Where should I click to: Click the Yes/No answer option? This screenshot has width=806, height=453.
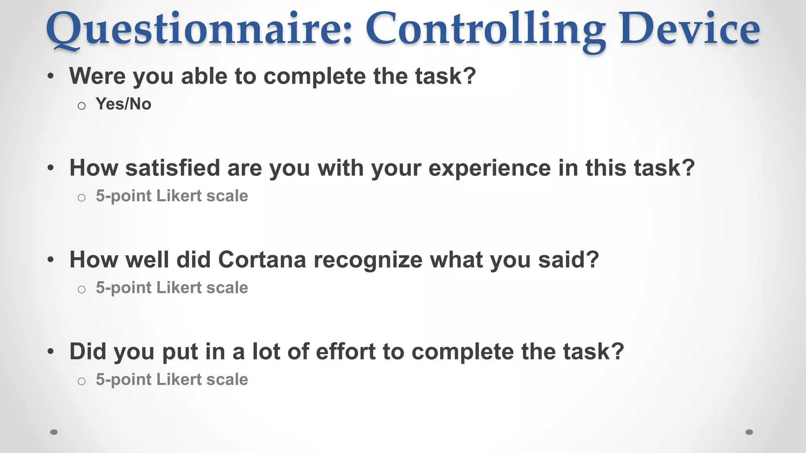pos(124,104)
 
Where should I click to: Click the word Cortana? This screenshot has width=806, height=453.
pos(262,260)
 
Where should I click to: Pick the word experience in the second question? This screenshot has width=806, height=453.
pos(489,168)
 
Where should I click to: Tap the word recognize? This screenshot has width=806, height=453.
pos(368,260)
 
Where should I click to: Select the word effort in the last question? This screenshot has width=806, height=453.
pos(346,352)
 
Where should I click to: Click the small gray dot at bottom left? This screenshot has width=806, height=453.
pos(54,432)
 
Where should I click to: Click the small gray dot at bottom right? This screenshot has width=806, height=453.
pos(749,432)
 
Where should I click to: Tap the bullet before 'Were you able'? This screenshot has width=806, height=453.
pos(50,76)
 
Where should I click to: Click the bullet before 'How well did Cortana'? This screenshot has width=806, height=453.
pos(50,260)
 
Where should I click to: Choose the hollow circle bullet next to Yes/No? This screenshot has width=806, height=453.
pos(81,106)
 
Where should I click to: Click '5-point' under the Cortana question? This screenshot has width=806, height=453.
pos(124,288)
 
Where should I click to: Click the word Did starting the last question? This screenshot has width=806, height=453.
pos(88,352)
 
